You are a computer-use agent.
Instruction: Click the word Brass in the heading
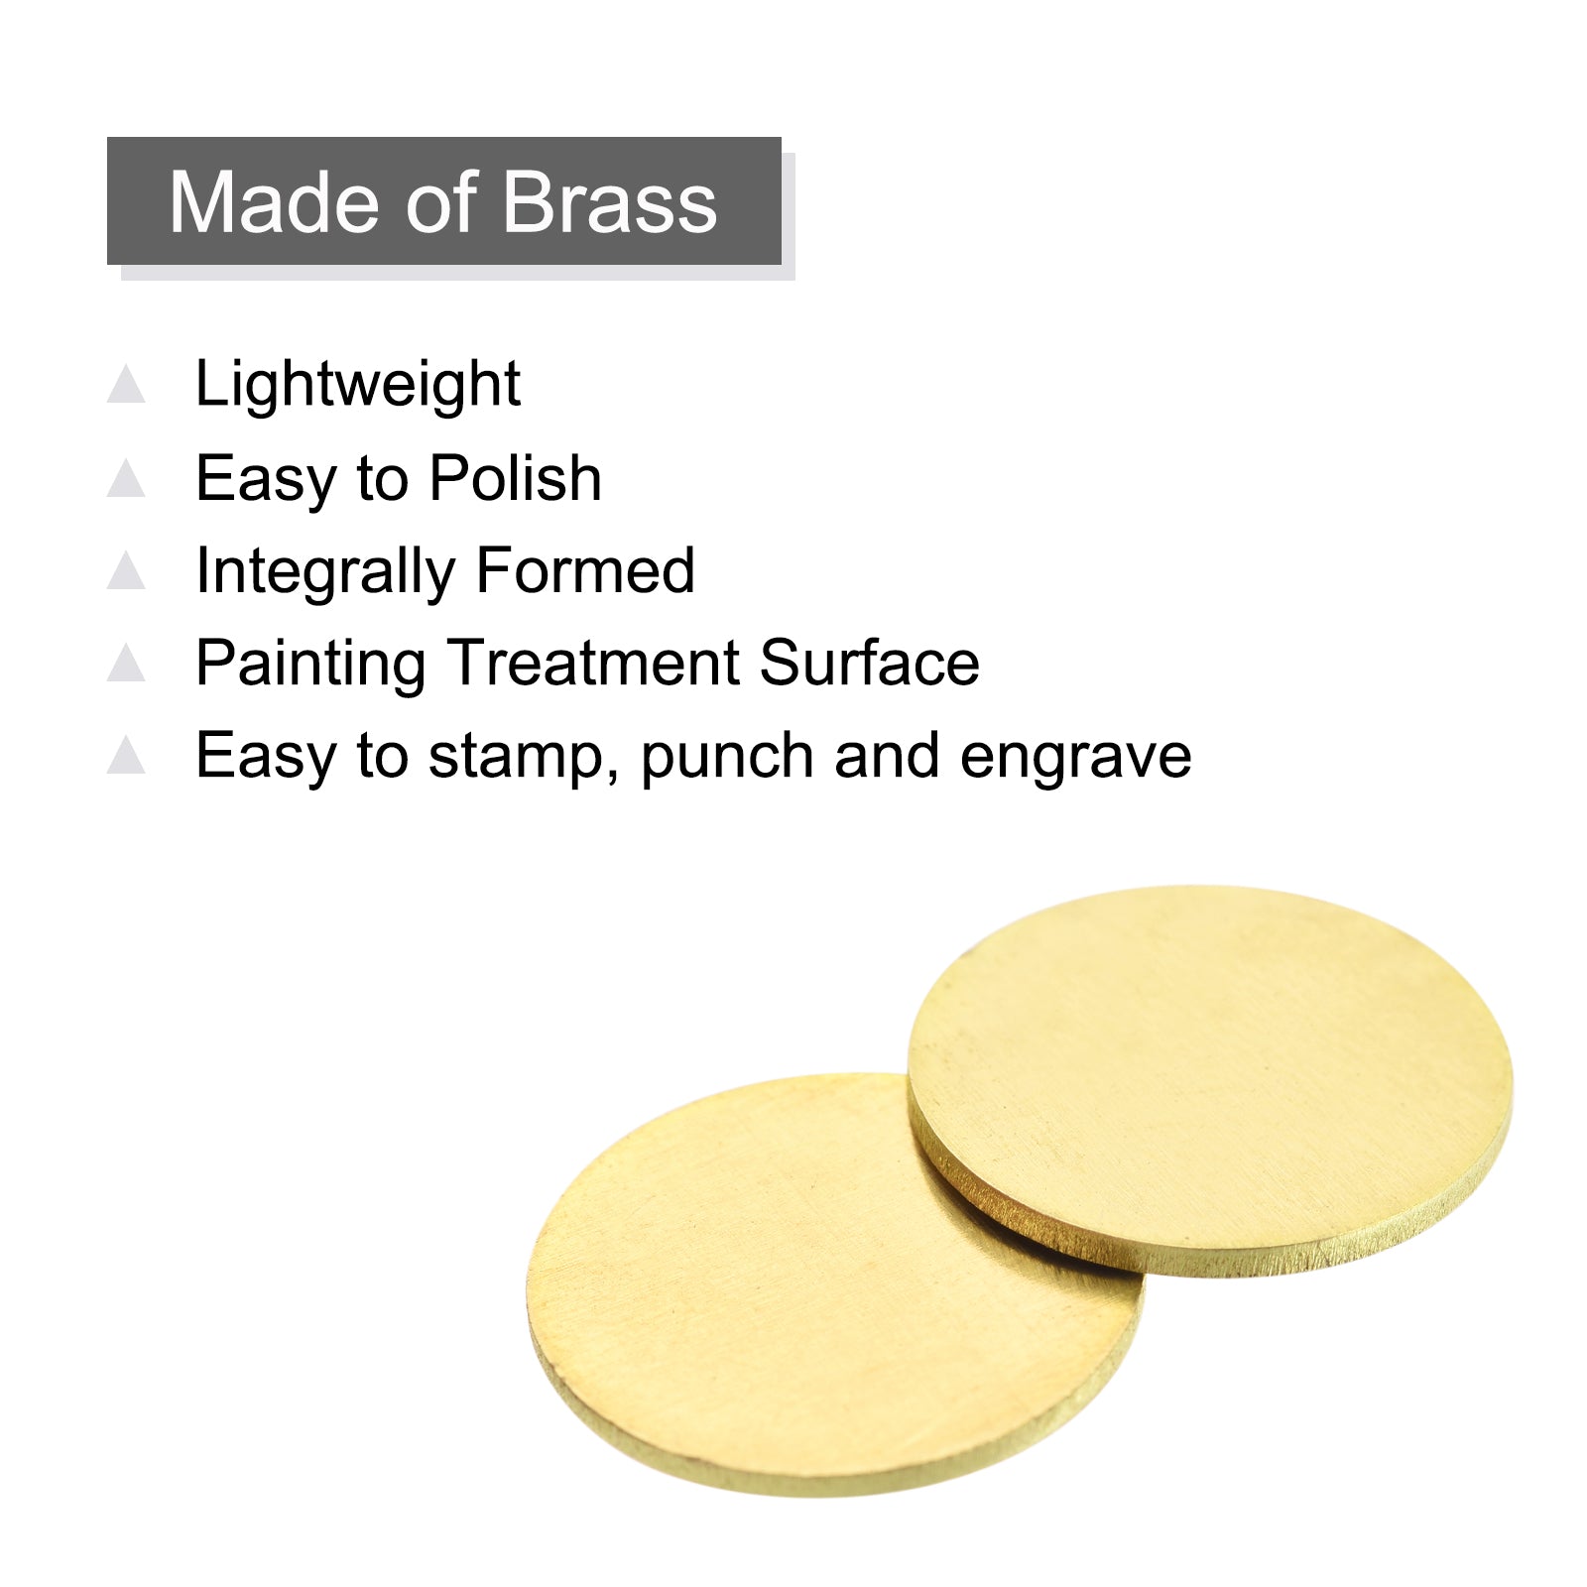pyautogui.click(x=610, y=202)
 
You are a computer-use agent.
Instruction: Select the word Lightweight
pyautogui.click(x=358, y=385)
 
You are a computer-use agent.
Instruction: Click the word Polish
pyautogui.click(x=516, y=478)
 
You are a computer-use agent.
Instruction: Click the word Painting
pyautogui.click(x=310, y=665)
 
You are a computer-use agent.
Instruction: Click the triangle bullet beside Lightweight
pyautogui.click(x=126, y=384)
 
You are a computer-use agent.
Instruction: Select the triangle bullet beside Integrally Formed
pyautogui.click(x=126, y=570)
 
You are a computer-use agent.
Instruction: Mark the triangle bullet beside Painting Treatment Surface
pyautogui.click(x=126, y=663)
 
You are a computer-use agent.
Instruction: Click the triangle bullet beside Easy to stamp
pyautogui.click(x=126, y=755)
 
